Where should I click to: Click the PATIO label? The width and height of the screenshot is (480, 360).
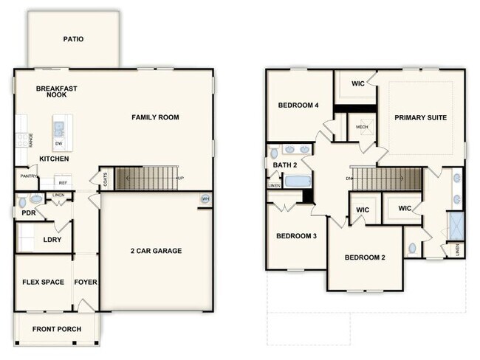pos(72,39)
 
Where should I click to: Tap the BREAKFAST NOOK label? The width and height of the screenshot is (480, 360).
pos(57,91)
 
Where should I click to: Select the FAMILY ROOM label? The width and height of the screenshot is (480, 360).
pos(155,117)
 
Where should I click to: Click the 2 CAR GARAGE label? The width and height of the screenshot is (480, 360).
pos(155,251)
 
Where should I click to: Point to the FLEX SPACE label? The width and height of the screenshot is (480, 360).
pos(43,283)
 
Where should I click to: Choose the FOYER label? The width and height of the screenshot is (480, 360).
pos(86,283)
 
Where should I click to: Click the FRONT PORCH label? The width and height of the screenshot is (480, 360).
pos(57,329)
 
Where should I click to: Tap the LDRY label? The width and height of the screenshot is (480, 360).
pos(52,240)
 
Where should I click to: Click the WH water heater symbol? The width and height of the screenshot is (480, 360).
pos(205,199)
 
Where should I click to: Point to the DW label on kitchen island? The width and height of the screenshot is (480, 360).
pos(58,143)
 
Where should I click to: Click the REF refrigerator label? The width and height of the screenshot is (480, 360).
pos(64,182)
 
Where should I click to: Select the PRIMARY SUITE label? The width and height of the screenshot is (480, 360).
pos(420,117)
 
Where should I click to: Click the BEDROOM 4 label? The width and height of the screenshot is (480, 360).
pos(298,105)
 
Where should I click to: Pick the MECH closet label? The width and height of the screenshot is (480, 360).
pos(362,127)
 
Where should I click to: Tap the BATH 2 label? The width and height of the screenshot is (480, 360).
pos(284,165)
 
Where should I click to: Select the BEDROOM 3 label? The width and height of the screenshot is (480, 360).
pos(296,236)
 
